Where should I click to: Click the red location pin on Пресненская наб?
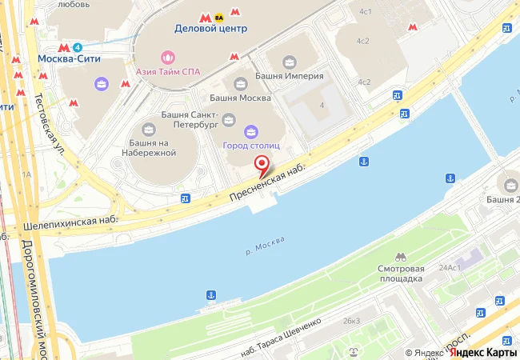coord(261,165)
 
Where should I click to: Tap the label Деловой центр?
coord(211,29)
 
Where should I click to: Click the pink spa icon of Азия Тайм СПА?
coord(168,56)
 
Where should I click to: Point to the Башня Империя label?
coord(289,76)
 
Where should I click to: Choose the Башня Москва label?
coord(240,98)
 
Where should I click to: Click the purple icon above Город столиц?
coord(250,131)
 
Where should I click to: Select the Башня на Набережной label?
coord(148,147)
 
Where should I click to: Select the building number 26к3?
coord(351,321)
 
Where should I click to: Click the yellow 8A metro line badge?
coord(219,15)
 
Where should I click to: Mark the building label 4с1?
coord(366,11)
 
